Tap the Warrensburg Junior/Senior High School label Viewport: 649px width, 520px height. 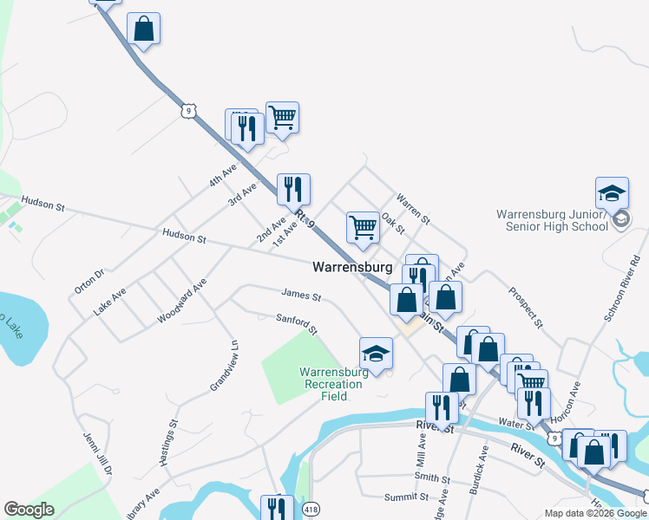click(x=552, y=220)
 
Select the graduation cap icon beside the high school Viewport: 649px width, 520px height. click(x=612, y=192)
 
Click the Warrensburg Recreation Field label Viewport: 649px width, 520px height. click(x=335, y=384)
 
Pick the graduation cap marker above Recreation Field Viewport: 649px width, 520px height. click(x=376, y=353)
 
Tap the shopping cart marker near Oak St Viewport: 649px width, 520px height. click(x=363, y=227)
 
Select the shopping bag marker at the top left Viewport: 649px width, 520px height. click(x=144, y=29)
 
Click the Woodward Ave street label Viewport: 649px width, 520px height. click(x=182, y=301)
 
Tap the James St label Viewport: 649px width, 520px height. click(x=300, y=296)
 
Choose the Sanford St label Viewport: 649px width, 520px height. click(x=297, y=324)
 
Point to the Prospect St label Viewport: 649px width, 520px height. click(x=526, y=308)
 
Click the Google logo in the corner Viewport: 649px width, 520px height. click(x=29, y=510)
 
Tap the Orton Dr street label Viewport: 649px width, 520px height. click(x=89, y=281)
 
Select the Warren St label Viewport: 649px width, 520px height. click(x=413, y=209)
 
